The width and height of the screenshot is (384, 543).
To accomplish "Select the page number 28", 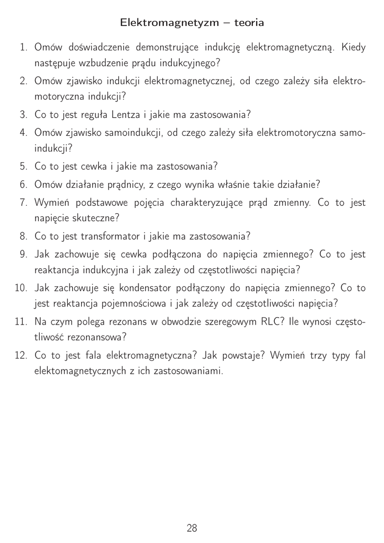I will [x=192, y=528].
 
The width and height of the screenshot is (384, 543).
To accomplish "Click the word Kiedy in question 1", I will [x=353, y=48].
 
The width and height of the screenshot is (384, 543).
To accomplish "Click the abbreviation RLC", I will [x=272, y=321].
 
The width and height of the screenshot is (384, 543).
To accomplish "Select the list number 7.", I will [x=23, y=203].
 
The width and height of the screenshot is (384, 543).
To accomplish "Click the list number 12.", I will [x=21, y=355].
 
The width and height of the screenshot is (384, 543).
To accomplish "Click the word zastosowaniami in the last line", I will [x=188, y=371].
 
